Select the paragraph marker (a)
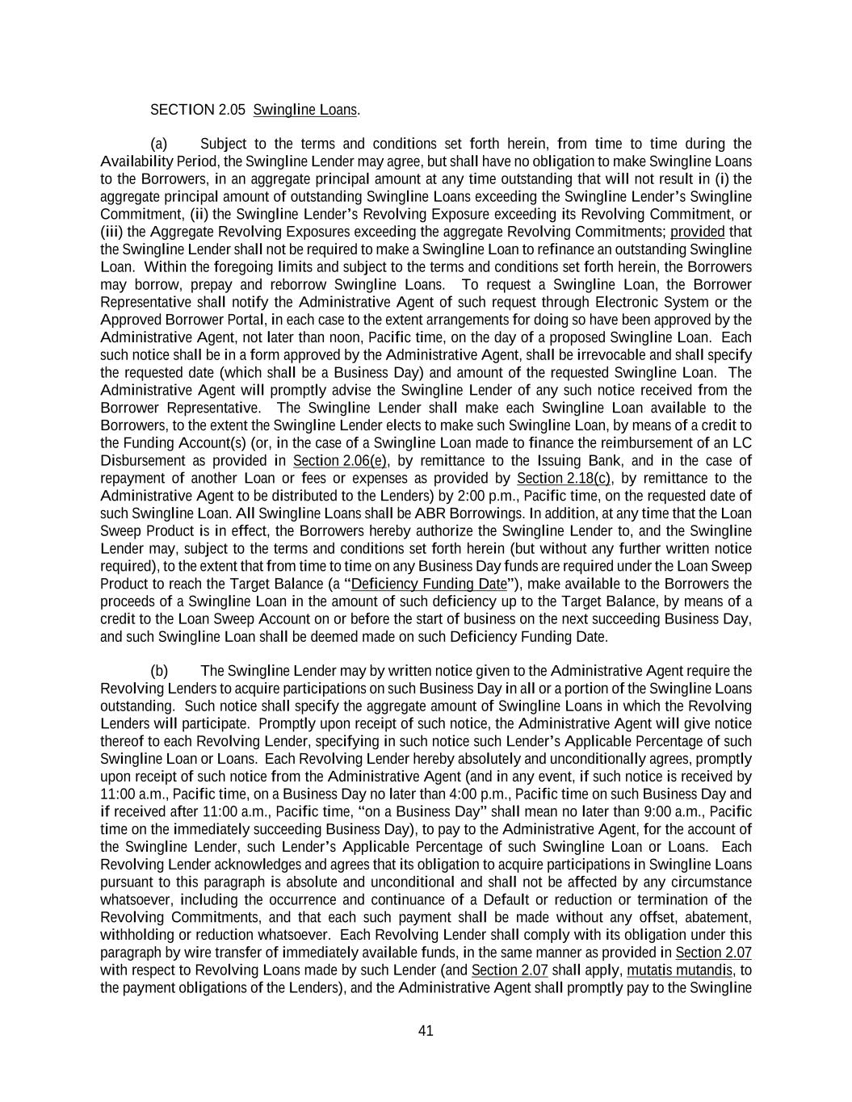pos(159,144)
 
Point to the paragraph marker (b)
pos(159,671)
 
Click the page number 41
pos(426,1030)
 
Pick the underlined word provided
pos(698,232)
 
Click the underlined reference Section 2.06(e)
pos(340,461)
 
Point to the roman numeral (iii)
pos(111,232)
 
